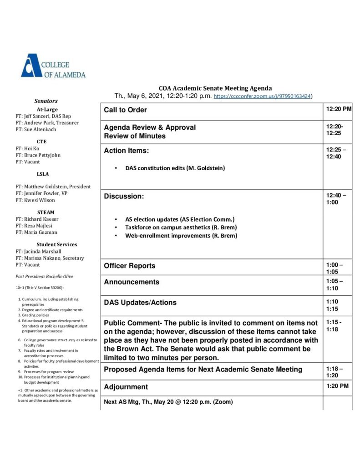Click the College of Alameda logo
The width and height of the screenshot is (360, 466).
click(x=53, y=66)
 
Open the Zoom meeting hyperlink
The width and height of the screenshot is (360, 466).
click(x=262, y=96)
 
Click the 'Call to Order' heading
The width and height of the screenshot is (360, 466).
click(x=125, y=110)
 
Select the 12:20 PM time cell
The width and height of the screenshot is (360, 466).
click(x=338, y=109)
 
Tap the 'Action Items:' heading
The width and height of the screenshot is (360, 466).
click(x=126, y=151)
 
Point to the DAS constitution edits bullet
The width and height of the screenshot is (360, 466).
click(x=175, y=168)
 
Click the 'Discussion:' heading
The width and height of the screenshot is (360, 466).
click(x=124, y=197)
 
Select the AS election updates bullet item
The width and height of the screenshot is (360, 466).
click(x=179, y=219)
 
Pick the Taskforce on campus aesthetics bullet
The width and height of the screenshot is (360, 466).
click(x=181, y=227)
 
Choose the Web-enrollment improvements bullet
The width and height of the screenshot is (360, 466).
click(x=181, y=236)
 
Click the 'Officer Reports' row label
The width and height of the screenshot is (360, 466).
click(x=129, y=266)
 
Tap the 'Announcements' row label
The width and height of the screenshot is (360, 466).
click(x=132, y=282)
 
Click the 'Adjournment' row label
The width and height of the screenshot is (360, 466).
click(x=126, y=387)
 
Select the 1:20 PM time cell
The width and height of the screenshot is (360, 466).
click(x=337, y=386)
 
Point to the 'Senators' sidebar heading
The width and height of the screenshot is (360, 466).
click(x=46, y=101)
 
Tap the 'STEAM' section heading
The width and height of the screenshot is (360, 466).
click(x=46, y=212)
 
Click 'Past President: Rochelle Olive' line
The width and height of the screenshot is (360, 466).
click(x=44, y=276)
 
